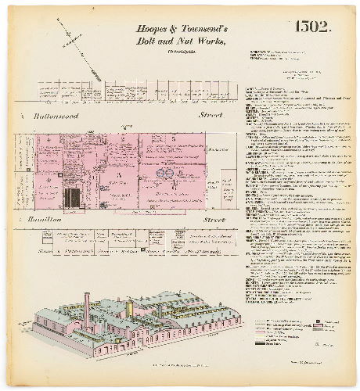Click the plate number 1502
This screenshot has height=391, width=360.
click(314, 27)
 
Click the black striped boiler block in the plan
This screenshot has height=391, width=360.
click(72, 197)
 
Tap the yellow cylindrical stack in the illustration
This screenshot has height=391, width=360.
click(129, 310)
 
